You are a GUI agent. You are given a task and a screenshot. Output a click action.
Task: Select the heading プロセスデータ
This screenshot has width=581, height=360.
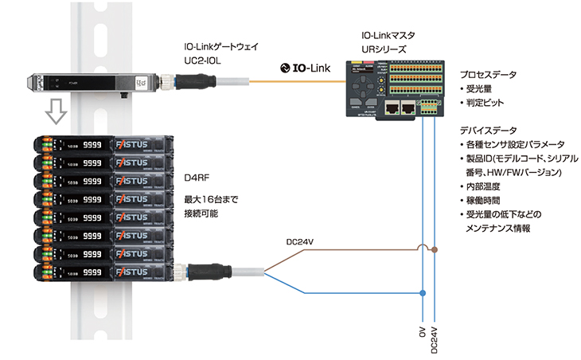pos(488,76)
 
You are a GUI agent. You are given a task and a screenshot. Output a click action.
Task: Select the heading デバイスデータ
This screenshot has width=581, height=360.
pos(488,131)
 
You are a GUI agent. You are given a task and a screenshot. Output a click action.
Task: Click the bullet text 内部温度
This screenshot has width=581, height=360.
pos(486,186)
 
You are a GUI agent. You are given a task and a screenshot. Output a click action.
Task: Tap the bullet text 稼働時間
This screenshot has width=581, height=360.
pos(486,200)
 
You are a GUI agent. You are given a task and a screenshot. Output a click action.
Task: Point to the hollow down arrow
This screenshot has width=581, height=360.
pos(54,112)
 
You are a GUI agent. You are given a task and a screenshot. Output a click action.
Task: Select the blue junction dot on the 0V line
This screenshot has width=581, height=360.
pos(423,294)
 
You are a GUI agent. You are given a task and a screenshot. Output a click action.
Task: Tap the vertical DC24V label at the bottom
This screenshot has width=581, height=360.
pos(435,338)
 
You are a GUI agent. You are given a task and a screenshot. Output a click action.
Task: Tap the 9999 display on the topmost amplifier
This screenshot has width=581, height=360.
pos(94,144)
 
